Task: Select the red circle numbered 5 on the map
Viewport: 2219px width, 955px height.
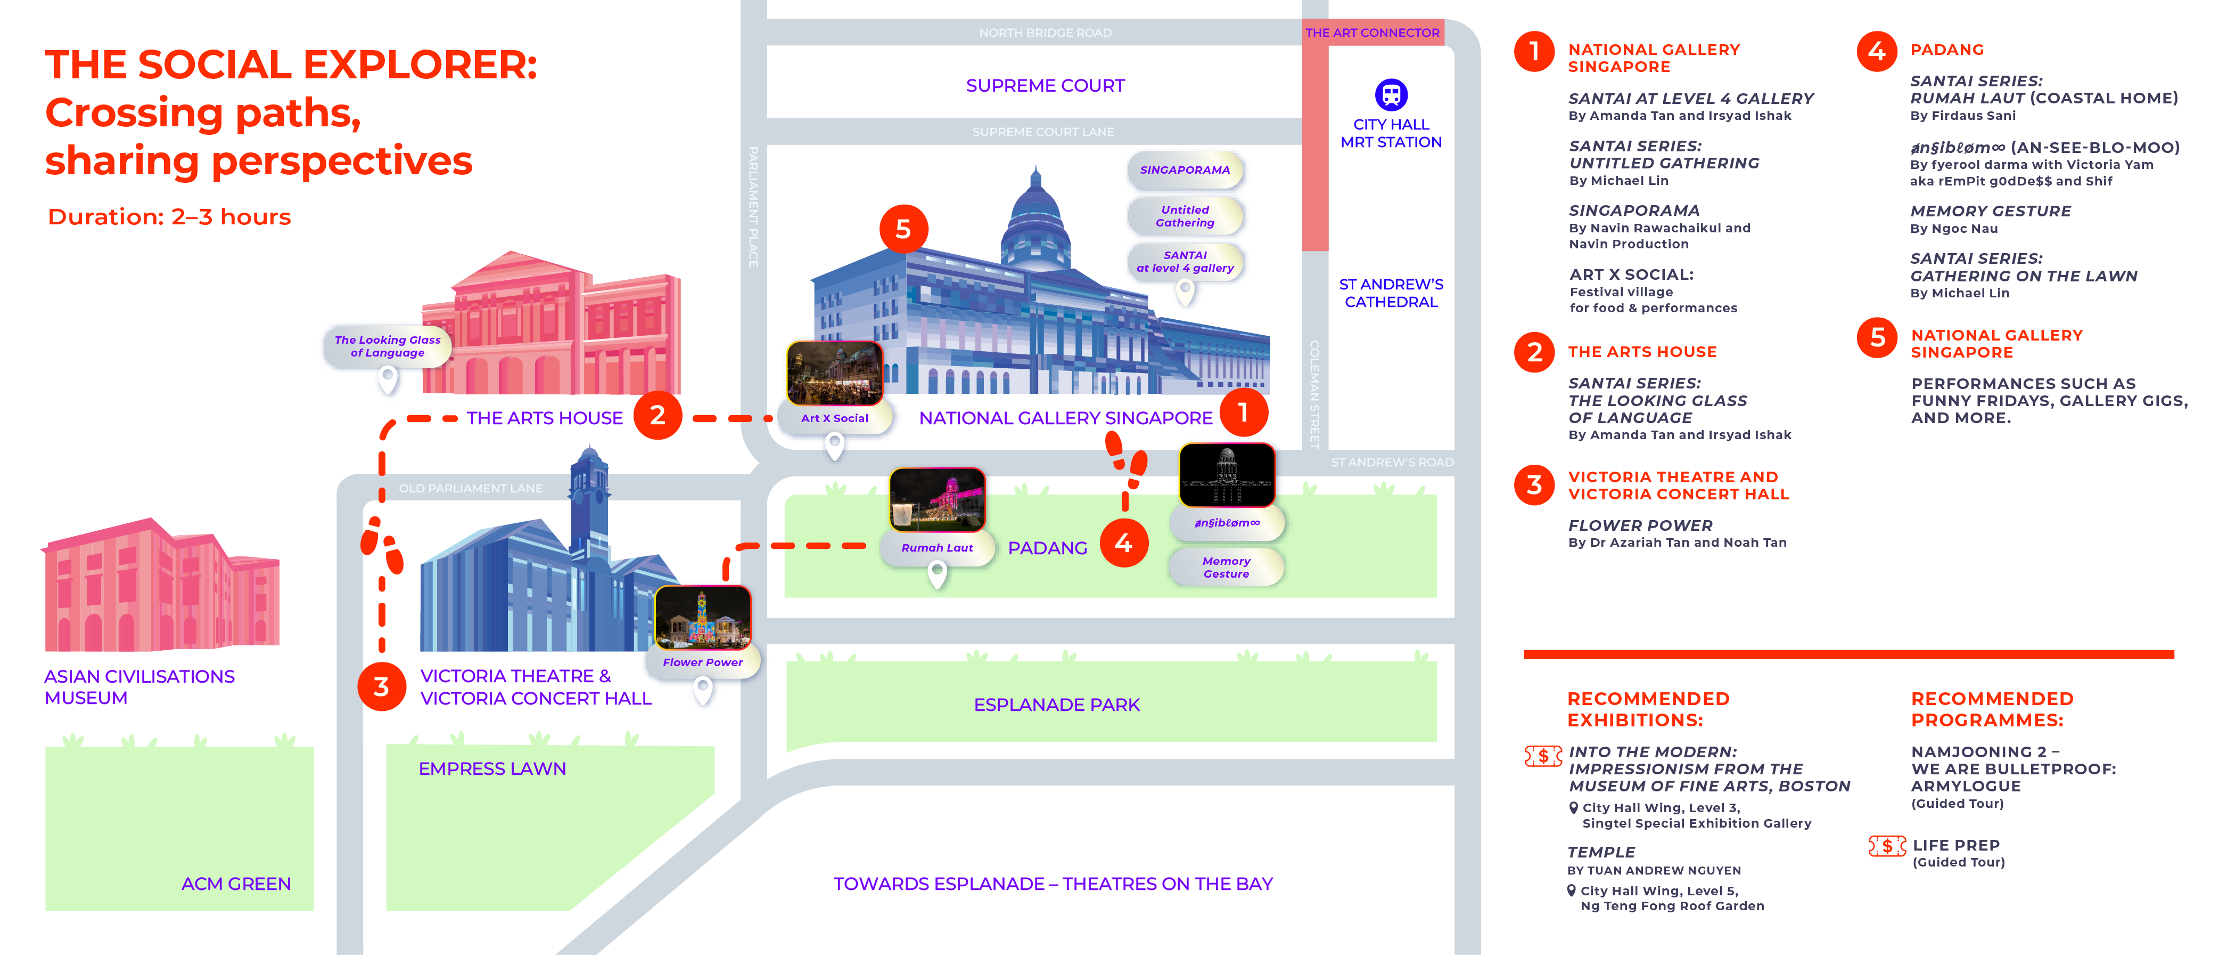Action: point(903,229)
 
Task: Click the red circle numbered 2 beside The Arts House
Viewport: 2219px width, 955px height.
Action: point(658,416)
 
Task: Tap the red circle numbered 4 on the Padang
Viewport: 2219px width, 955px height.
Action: point(1123,543)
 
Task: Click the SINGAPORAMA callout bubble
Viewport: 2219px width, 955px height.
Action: point(1185,170)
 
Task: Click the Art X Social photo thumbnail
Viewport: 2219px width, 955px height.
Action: point(834,373)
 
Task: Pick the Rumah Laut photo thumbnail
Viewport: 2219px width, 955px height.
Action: point(937,500)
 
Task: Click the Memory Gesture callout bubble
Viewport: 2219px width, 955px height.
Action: point(1226,567)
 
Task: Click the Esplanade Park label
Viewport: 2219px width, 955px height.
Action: point(1056,705)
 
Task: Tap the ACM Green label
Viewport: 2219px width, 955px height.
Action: point(235,884)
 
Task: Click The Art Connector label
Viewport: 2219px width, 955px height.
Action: point(1371,33)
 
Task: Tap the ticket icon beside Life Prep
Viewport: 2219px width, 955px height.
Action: point(1886,846)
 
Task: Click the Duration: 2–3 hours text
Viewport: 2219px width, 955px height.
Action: point(170,217)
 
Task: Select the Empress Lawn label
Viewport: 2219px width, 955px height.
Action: point(492,769)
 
